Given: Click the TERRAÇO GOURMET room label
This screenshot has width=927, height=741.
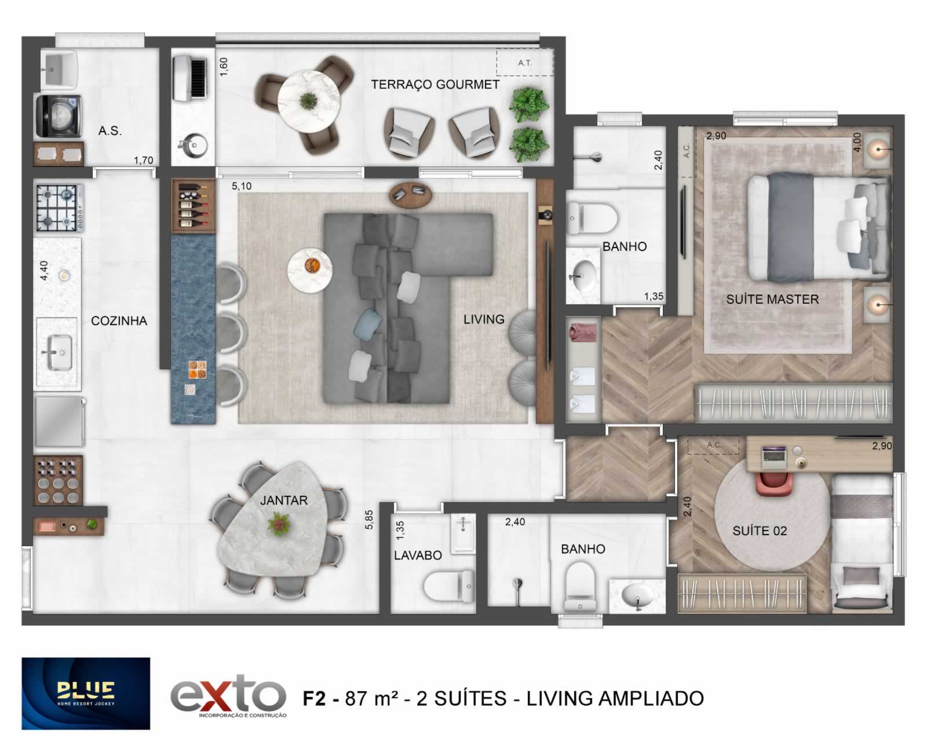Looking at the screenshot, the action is pyautogui.click(x=435, y=85).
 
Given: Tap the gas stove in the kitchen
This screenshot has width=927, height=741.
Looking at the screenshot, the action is pyautogui.click(x=60, y=208).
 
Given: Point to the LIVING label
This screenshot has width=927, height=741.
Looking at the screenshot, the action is pyautogui.click(x=484, y=319).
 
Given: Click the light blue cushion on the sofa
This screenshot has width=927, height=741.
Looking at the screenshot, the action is pyautogui.click(x=368, y=323).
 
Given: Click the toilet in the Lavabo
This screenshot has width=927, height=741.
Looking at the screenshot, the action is pyautogui.click(x=448, y=586).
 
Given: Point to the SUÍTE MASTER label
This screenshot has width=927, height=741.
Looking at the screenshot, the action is pyautogui.click(x=772, y=299).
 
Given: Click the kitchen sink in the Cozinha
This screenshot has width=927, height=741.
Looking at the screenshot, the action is pyautogui.click(x=58, y=352).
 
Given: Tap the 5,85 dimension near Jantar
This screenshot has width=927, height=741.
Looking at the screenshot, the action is pyautogui.click(x=369, y=520).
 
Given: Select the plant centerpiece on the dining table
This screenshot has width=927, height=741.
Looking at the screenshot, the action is pyautogui.click(x=279, y=524).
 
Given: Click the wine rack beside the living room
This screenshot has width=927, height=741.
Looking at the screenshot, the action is pyautogui.click(x=193, y=206).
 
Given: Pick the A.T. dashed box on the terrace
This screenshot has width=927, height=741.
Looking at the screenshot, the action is pyautogui.click(x=524, y=63).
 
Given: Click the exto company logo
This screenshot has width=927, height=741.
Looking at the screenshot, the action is pyautogui.click(x=228, y=695).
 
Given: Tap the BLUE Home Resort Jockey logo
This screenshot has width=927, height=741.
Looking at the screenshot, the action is pyautogui.click(x=86, y=693).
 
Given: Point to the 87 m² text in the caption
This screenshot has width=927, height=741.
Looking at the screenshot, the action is pyautogui.click(x=371, y=698).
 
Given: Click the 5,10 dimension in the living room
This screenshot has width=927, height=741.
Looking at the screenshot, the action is pyautogui.click(x=241, y=186).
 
